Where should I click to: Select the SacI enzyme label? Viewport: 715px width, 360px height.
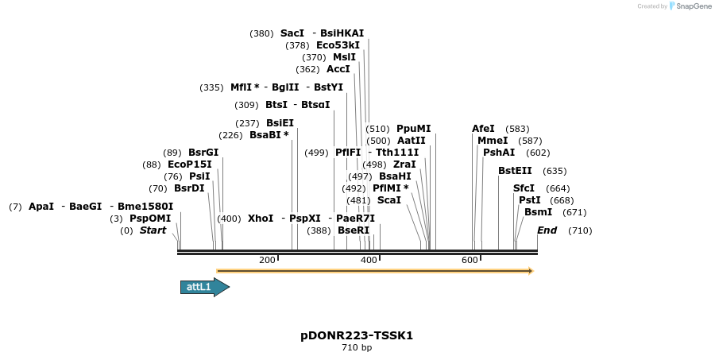[292, 33]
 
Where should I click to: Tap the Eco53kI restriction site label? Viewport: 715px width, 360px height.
[338, 45]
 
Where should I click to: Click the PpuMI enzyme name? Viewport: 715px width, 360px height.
[413, 129]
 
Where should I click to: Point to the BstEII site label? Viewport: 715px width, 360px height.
[515, 171]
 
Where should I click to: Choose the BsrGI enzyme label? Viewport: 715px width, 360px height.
[203, 153]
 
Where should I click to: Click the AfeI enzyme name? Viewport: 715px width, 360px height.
[483, 129]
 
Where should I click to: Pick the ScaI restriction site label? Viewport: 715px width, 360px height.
[389, 200]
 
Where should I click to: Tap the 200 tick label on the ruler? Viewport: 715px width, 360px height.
[267, 260]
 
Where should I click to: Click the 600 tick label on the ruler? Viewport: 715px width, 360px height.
[470, 260]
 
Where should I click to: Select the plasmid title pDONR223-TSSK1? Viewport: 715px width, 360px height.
[357, 335]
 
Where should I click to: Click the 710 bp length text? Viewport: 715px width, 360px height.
[357, 348]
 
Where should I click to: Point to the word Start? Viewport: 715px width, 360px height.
[153, 230]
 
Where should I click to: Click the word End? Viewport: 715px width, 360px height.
[547, 230]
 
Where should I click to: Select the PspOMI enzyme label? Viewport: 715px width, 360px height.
[150, 219]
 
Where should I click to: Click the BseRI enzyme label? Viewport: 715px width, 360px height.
[354, 230]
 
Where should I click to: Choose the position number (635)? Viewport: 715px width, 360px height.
[555, 171]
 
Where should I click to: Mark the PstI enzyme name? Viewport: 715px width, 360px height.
[529, 200]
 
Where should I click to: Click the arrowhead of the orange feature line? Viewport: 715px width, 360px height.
[529, 271]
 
